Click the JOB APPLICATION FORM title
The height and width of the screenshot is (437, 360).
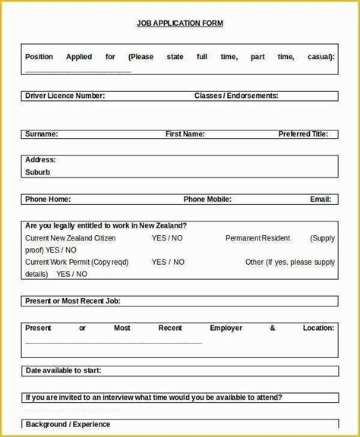(x=180, y=24)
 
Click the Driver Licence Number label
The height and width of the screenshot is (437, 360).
(x=65, y=96)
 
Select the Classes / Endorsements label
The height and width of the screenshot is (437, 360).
(x=236, y=96)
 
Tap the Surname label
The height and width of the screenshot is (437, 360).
(x=41, y=134)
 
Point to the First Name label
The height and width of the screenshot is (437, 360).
(x=185, y=134)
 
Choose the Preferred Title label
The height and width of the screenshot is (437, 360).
(x=303, y=134)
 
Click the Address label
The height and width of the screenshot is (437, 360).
(x=40, y=160)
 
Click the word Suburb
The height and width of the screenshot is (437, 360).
(x=37, y=172)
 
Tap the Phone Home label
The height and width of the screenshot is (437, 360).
(x=48, y=200)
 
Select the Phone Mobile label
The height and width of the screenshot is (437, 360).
(x=207, y=200)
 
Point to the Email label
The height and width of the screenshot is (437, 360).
(x=320, y=200)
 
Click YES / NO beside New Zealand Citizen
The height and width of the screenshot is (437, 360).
(x=167, y=238)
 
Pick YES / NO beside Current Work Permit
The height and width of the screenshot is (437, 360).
(x=167, y=263)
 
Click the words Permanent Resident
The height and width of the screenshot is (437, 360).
(x=257, y=238)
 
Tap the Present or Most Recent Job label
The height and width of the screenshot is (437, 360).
(x=73, y=301)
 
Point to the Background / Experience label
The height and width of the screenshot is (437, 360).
(x=68, y=425)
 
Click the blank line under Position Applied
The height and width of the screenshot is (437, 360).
(x=78, y=71)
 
